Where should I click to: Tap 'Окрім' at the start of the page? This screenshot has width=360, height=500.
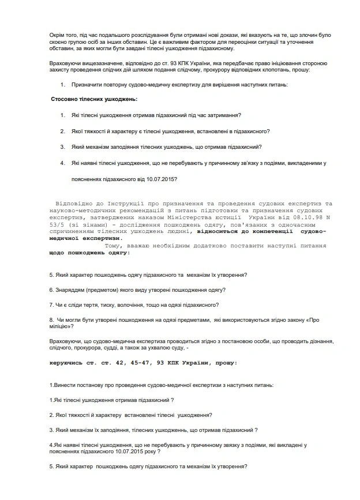click(x=58, y=28)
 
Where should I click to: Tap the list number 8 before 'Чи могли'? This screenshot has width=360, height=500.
click(x=51, y=319)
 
